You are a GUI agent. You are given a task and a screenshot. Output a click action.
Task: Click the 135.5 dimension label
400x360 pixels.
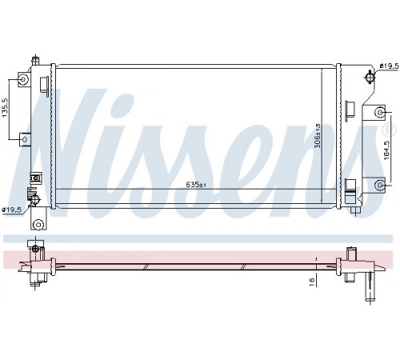(6, 108)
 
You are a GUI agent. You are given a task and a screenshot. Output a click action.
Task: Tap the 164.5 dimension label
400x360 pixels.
(387, 150)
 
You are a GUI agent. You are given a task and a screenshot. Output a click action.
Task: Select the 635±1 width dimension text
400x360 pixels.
(197, 184)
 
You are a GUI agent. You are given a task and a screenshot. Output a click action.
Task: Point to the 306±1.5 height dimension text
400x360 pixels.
(318, 136)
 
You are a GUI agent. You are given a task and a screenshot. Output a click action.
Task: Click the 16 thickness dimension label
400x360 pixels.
(312, 280)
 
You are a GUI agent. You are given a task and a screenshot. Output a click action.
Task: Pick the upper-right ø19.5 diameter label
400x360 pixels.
(390, 66)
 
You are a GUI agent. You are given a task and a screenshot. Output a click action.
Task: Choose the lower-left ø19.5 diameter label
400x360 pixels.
(11, 210)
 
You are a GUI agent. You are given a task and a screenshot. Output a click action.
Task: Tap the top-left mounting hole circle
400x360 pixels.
(23, 79)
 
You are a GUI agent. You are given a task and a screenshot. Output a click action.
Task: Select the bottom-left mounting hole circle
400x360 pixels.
(38, 225)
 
